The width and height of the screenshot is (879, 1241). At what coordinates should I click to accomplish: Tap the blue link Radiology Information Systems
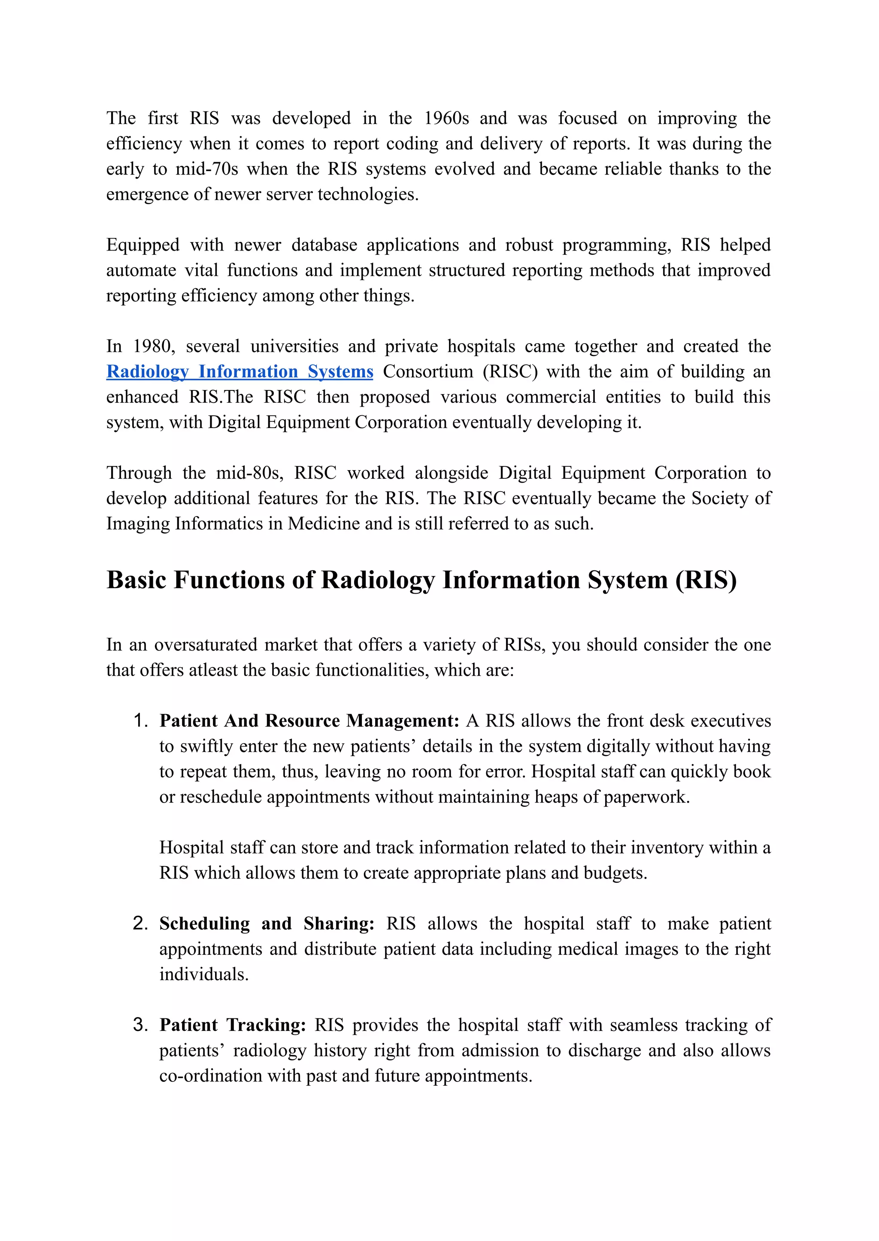click(240, 372)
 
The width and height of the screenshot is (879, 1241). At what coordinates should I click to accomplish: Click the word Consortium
click(428, 372)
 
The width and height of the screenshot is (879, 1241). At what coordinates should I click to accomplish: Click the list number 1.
click(141, 721)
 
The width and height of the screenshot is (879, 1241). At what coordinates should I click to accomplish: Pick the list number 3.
click(141, 1025)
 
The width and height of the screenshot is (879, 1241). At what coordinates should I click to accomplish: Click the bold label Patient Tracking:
click(233, 1025)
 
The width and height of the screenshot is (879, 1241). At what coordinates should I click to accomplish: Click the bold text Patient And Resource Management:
click(309, 721)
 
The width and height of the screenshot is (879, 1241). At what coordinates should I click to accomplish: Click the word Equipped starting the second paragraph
click(143, 245)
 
